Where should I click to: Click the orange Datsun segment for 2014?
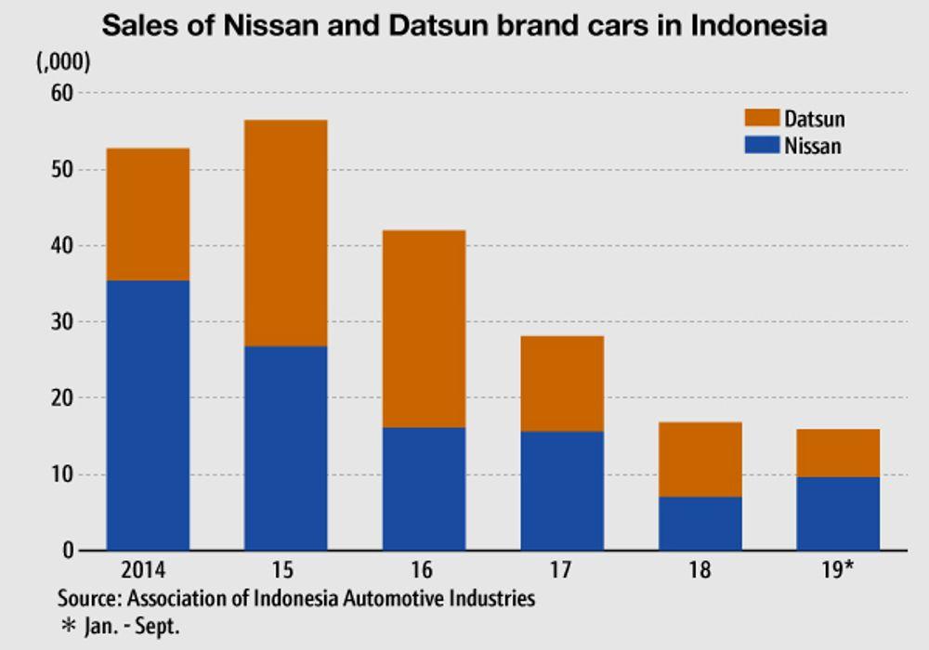click(x=148, y=214)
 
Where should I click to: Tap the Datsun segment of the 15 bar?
click(x=285, y=233)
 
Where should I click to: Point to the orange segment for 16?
click(x=424, y=329)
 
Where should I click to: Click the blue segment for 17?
click(x=561, y=490)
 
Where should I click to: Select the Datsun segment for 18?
click(x=700, y=460)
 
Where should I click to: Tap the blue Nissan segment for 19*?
click(x=838, y=513)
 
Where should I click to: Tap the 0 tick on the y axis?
click(x=66, y=551)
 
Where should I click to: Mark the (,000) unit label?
click(x=63, y=63)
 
